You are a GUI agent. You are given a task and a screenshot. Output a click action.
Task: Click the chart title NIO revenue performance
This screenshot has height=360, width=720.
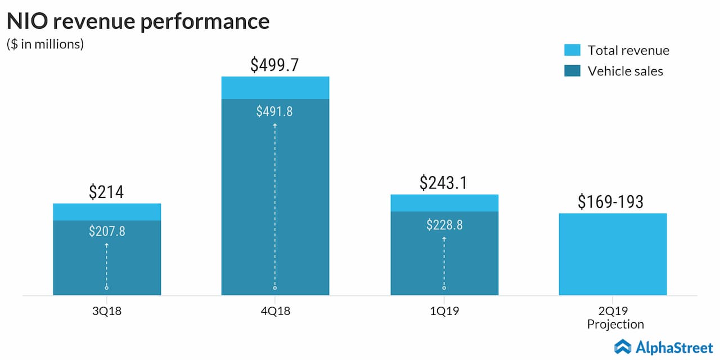pyautogui.click(x=138, y=21)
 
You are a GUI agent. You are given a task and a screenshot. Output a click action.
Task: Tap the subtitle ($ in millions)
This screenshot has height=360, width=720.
pyautogui.click(x=45, y=44)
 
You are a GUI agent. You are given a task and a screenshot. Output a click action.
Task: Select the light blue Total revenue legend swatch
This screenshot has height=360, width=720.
pyautogui.click(x=571, y=50)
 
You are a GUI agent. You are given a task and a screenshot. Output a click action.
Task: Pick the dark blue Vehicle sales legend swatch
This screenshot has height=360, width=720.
pyautogui.click(x=571, y=71)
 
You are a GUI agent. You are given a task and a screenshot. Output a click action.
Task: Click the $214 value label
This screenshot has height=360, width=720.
pyautogui.click(x=106, y=192)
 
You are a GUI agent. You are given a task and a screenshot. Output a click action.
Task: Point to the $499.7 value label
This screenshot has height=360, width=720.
pyautogui.click(x=274, y=65)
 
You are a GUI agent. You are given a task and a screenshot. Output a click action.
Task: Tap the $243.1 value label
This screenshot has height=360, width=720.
pyautogui.click(x=444, y=183)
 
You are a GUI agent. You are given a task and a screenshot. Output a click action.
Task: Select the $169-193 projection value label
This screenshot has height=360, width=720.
pyautogui.click(x=610, y=202)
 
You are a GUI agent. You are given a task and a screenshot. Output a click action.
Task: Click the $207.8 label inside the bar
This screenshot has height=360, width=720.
pyautogui.click(x=107, y=231)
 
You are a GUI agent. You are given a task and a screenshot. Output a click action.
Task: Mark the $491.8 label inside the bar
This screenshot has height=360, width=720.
pyautogui.click(x=274, y=111)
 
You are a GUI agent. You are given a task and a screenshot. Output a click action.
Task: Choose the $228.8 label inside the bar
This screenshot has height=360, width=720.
pyautogui.click(x=444, y=225)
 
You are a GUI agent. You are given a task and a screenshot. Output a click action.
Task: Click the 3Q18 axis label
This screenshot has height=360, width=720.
pyautogui.click(x=107, y=310)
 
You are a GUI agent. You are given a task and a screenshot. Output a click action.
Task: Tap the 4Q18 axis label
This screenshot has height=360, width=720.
pyautogui.click(x=276, y=310)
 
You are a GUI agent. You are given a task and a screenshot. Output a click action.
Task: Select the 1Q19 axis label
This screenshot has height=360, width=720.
pyautogui.click(x=444, y=310)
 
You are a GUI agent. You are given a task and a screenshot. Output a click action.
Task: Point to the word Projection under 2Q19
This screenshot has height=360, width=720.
pyautogui.click(x=615, y=325)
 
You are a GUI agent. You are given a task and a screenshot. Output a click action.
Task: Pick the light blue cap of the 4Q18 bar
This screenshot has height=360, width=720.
pyautogui.click(x=275, y=88)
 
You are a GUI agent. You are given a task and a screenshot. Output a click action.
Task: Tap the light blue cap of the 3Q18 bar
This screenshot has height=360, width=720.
pyautogui.click(x=107, y=212)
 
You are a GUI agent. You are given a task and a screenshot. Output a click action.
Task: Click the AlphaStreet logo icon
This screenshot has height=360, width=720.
pyautogui.click(x=623, y=346)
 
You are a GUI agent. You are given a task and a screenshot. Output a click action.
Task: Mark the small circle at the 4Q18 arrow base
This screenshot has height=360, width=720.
pyautogui.click(x=275, y=288)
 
